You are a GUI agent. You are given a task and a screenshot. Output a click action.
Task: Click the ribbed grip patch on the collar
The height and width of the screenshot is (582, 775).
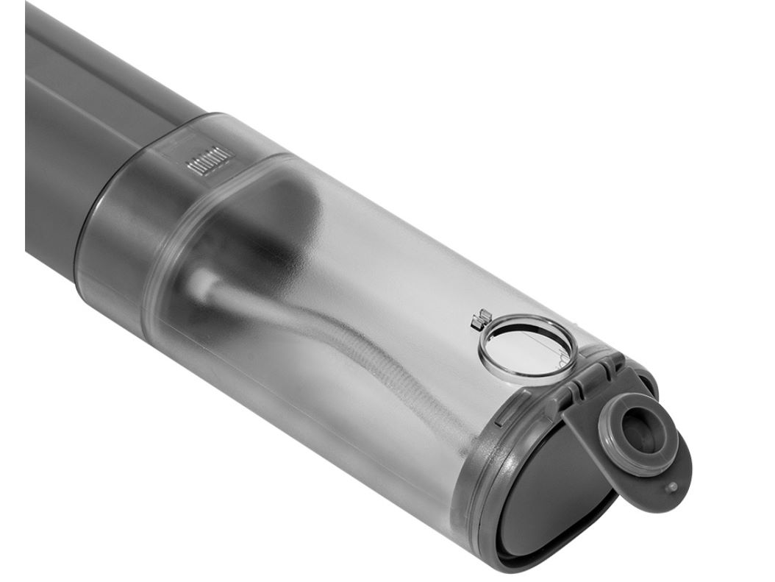coord(210,160)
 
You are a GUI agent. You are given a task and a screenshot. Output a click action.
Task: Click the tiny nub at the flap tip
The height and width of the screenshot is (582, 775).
coord(670,486)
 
